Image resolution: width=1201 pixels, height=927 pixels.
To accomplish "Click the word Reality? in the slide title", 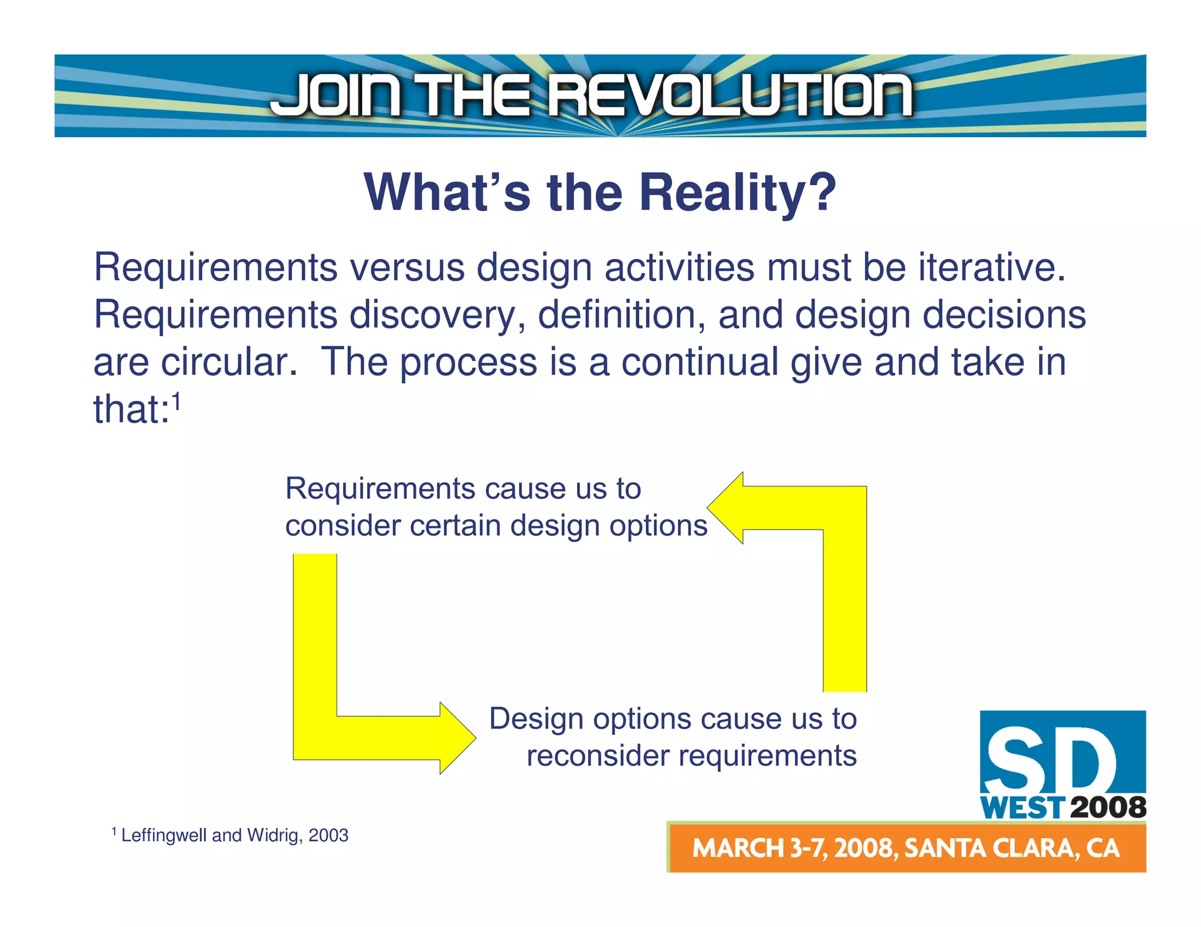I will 738,193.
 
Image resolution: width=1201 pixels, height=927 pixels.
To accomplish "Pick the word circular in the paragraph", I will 229,362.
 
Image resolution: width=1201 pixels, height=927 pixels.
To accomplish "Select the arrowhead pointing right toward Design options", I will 457,738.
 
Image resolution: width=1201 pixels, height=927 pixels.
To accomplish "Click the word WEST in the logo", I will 1022,808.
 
